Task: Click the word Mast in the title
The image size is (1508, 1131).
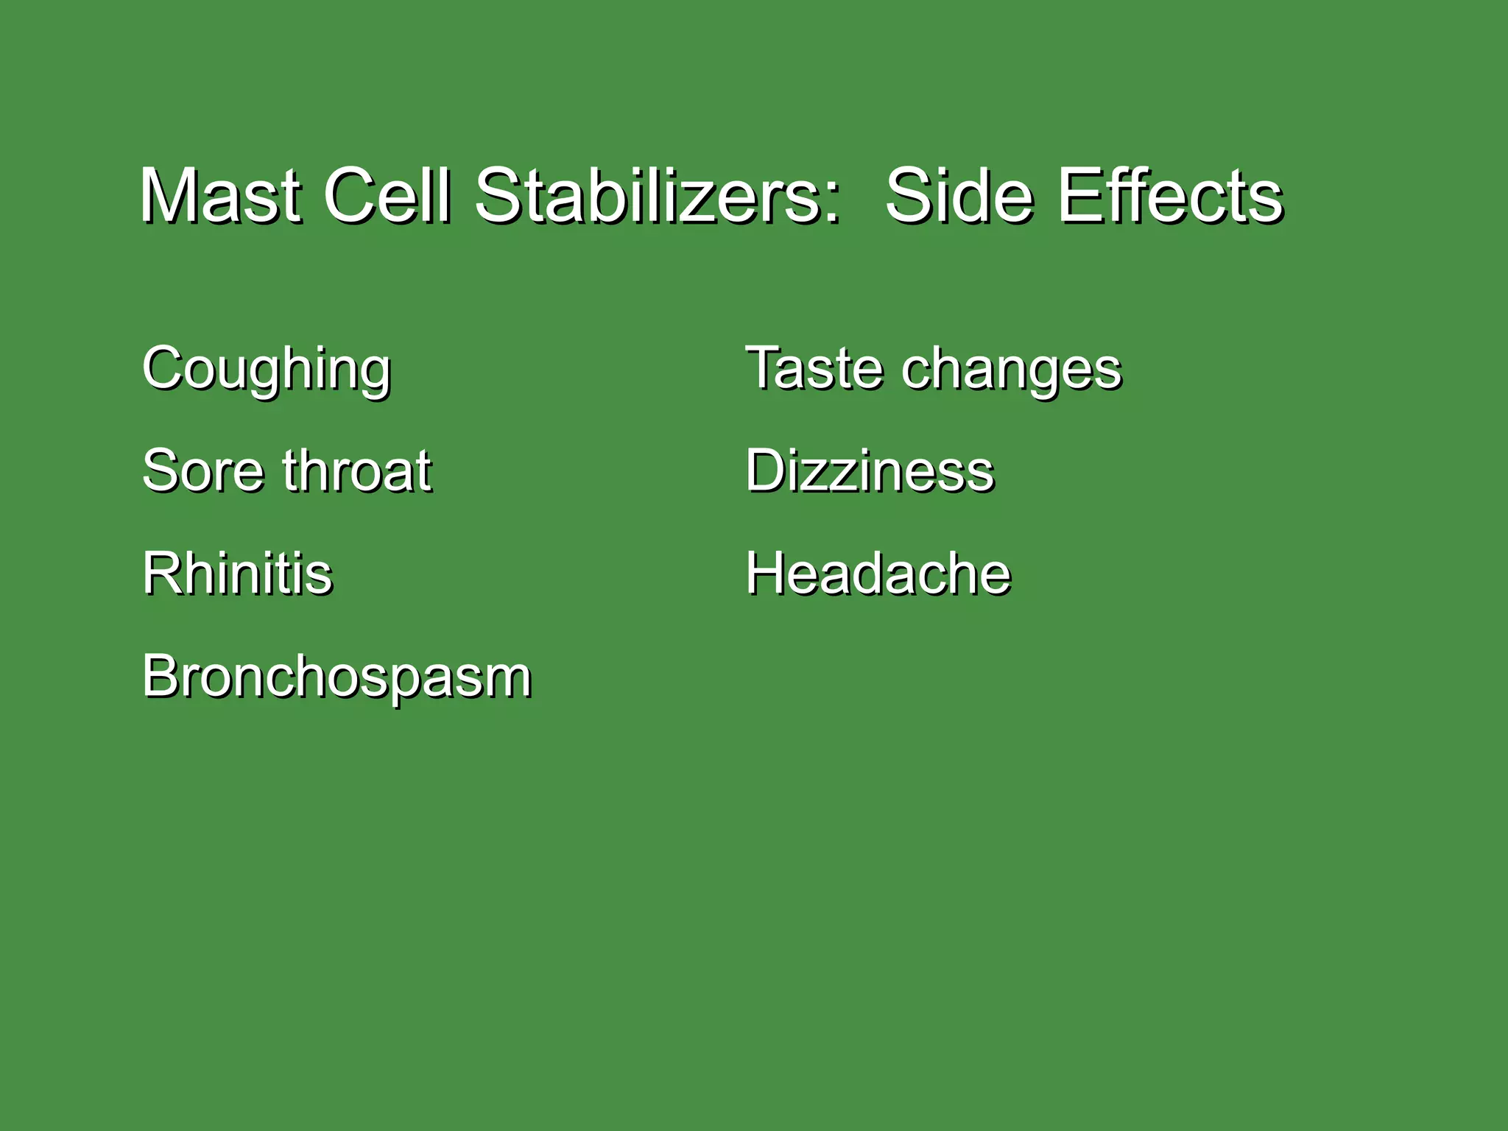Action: [x=220, y=196]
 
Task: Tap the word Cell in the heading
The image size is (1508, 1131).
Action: [x=386, y=196]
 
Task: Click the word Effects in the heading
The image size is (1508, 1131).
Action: [x=1171, y=196]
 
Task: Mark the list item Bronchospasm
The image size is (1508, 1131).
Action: [x=337, y=677]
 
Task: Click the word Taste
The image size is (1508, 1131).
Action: [x=813, y=367]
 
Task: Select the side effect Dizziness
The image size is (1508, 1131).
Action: [x=870, y=471]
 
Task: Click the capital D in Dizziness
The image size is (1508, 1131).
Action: [x=767, y=471]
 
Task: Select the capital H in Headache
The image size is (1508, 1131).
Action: [x=766, y=573]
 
